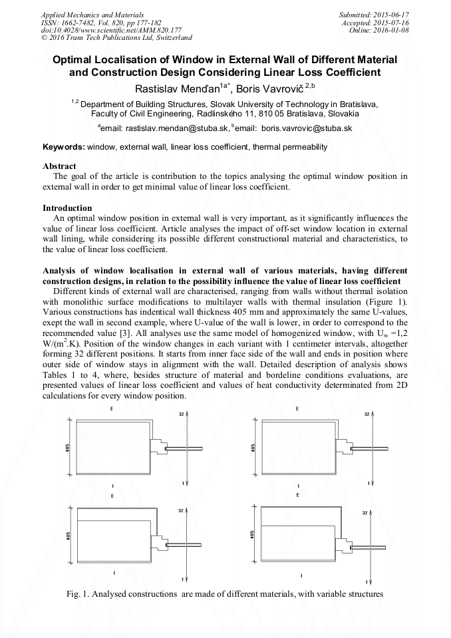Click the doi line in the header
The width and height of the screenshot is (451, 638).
coord(112,30)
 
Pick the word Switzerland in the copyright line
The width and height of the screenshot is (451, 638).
coord(168,38)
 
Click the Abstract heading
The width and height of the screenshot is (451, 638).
coord(59,166)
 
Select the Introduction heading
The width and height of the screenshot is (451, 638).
coord(67,208)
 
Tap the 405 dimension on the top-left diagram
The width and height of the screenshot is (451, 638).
coord(67,447)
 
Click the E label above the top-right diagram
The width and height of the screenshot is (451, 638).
coord(297,408)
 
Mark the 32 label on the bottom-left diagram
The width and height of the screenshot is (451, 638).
coord(180,511)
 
